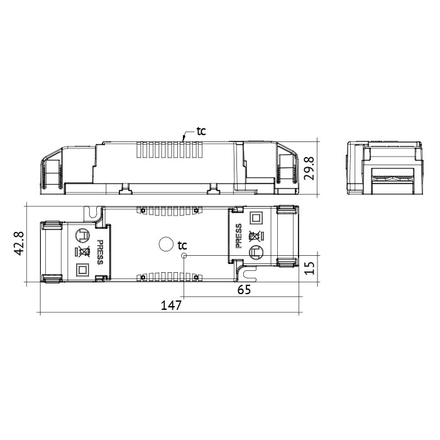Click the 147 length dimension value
pos(171,305)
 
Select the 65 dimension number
pos(244,289)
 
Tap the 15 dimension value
pos(310,268)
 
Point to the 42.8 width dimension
pos(19,244)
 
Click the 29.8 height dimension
pos(309,168)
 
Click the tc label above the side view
pos(201,131)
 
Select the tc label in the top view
pos(182,246)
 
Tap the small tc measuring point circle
pos(184,256)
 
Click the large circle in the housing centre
pos(166,244)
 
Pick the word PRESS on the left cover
pos(100,252)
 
